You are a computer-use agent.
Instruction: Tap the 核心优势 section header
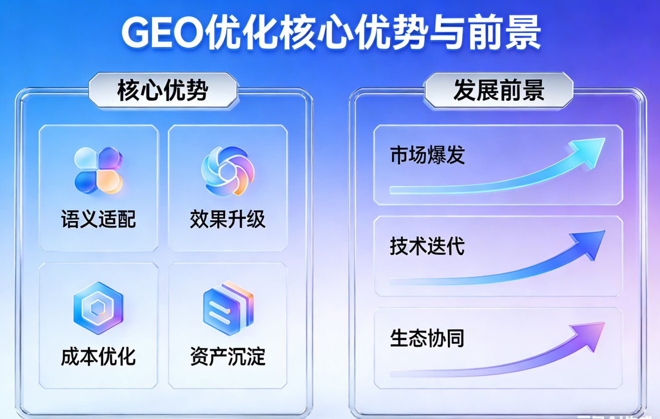tap(163, 91)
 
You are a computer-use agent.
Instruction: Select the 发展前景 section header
tap(499, 91)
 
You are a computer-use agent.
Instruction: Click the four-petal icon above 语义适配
tap(98, 171)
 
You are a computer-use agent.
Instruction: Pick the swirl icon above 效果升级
tap(228, 171)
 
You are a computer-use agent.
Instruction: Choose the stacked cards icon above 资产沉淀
tap(228, 308)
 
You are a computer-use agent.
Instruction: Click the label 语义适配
tap(98, 219)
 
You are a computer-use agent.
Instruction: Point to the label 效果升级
tap(228, 219)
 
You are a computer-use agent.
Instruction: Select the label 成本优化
tap(98, 357)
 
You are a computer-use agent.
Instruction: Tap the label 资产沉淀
tap(228, 357)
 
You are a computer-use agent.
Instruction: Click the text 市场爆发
tap(427, 155)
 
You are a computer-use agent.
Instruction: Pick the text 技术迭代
tap(427, 246)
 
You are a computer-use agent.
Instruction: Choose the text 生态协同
tap(427, 338)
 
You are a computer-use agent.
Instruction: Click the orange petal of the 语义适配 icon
tap(109, 182)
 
